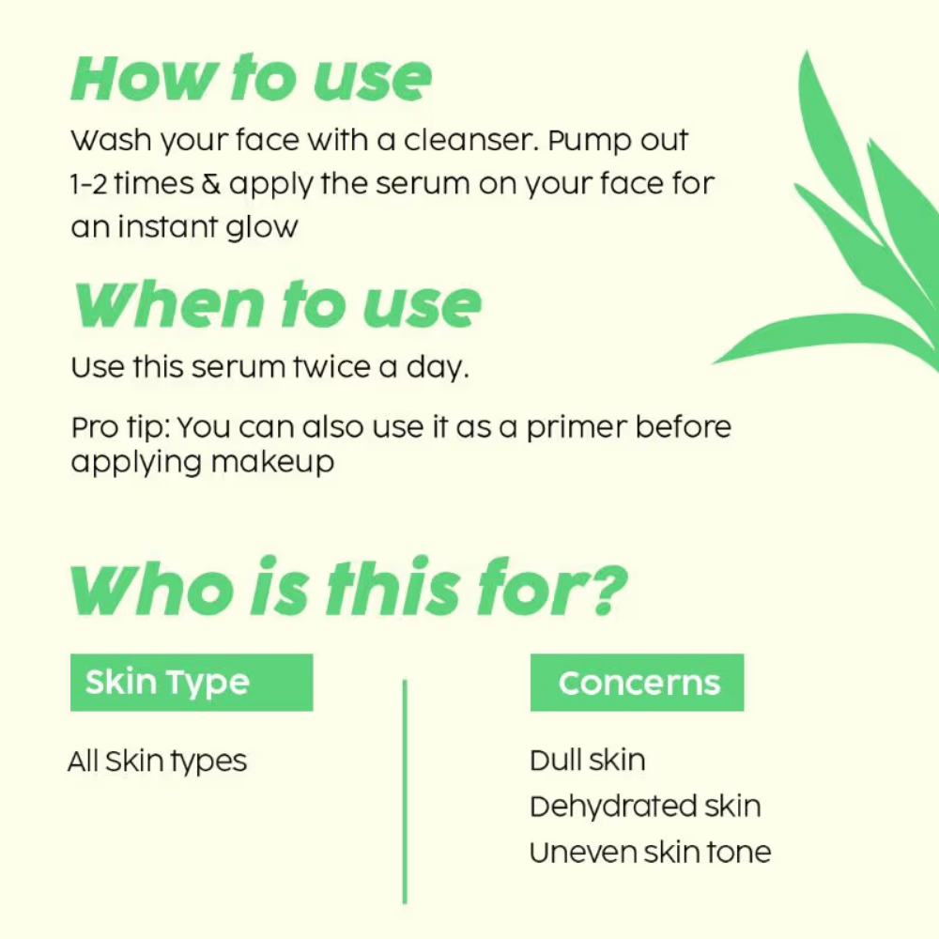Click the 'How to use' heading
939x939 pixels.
click(252, 78)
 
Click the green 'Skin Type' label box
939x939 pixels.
click(192, 683)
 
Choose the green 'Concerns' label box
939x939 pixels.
click(638, 683)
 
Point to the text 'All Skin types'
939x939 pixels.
click(158, 762)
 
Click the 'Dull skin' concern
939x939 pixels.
click(588, 761)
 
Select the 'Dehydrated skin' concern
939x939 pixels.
click(646, 807)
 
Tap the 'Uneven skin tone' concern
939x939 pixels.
click(651, 853)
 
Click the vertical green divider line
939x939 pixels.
click(405, 791)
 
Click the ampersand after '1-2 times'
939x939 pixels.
click(210, 184)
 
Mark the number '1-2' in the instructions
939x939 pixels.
click(88, 184)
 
